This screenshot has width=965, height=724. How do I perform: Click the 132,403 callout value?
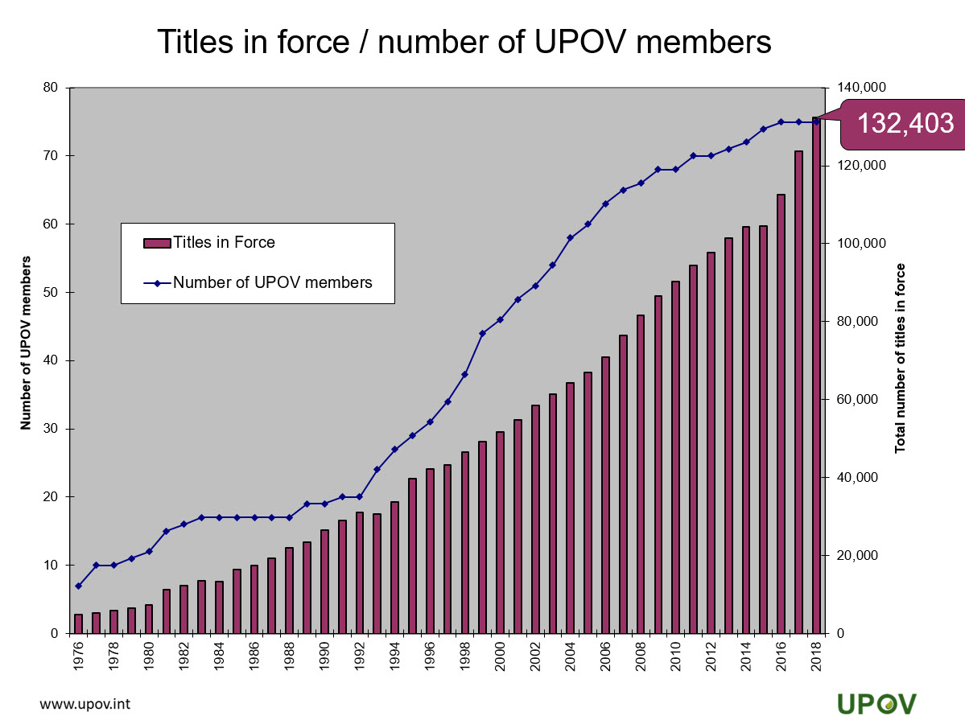point(905,124)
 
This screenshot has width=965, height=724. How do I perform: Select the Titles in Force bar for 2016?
point(781,413)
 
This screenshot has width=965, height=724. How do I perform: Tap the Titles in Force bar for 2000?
point(500,533)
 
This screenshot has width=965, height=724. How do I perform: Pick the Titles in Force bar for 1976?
point(78,623)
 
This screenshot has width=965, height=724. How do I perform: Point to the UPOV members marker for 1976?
point(78,586)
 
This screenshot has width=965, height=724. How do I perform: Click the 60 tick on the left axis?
point(50,224)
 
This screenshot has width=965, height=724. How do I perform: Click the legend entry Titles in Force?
point(224,242)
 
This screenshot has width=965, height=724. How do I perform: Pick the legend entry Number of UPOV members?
point(272,282)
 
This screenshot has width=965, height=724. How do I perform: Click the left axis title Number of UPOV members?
point(26,343)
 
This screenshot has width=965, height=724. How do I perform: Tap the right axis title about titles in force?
point(901,358)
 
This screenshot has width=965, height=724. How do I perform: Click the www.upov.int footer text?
point(85,704)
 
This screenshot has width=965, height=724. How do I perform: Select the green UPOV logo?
point(876,702)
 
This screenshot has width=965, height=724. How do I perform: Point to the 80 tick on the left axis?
point(50,88)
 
